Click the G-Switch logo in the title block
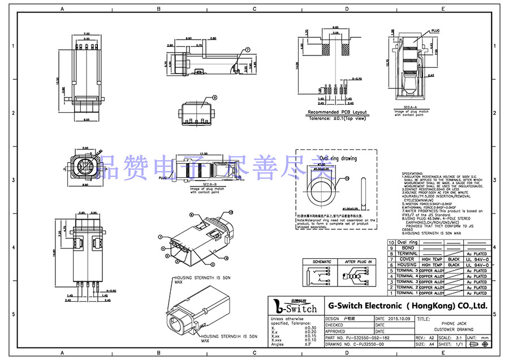pos(295,307)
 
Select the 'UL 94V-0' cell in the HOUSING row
pos(476,265)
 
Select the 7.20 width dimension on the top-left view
pos(87,33)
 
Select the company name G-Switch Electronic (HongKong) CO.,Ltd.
pos(407,306)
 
